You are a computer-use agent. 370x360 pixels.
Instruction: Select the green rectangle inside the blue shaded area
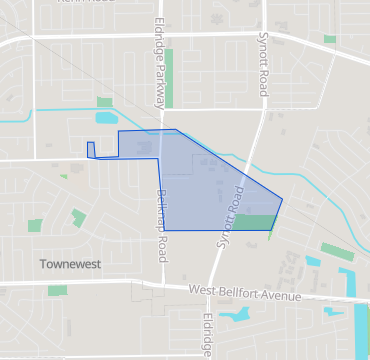(256, 222)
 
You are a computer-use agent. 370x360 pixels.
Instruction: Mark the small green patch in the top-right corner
(330, 39)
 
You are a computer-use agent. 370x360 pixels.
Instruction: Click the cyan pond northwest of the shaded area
(105, 118)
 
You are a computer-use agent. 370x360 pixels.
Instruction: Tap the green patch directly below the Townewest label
(57, 290)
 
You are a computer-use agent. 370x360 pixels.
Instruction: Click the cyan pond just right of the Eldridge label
(238, 316)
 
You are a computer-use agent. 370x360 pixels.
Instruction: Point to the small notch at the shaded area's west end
(91, 150)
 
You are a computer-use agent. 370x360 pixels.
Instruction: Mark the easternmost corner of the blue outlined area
(282, 198)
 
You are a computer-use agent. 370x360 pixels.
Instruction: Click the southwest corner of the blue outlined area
(164, 230)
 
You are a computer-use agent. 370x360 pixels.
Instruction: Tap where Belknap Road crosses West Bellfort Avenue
(162, 286)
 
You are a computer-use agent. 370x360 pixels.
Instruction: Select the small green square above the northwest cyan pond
(105, 102)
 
